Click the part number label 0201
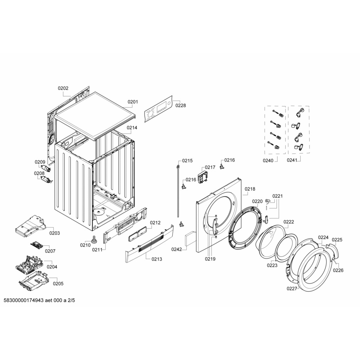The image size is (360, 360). (x=133, y=102)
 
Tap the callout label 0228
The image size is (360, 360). (x=181, y=105)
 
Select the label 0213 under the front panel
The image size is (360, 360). (x=157, y=259)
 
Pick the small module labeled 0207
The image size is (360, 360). (x=37, y=245)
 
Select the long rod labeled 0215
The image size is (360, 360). (x=178, y=191)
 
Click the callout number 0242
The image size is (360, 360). (x=176, y=249)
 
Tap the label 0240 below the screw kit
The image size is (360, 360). (x=268, y=160)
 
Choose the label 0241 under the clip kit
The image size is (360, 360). (x=292, y=160)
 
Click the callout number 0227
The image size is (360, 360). (x=292, y=289)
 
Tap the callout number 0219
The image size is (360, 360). (x=210, y=259)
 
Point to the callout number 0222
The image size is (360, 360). (x=289, y=222)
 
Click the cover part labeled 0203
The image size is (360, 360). (x=30, y=226)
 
